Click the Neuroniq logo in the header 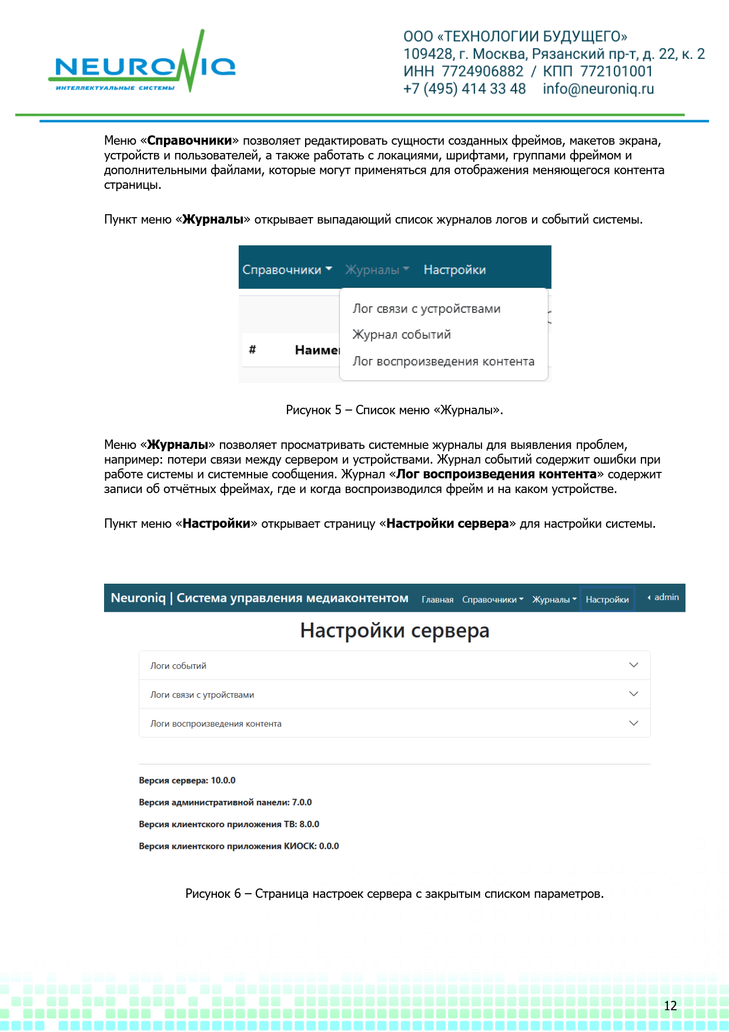(x=141, y=65)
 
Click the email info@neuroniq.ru (x=598, y=89)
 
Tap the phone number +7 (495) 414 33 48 (x=464, y=89)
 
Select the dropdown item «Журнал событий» (x=402, y=335)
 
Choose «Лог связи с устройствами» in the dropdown (x=426, y=309)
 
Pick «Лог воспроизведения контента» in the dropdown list (x=443, y=361)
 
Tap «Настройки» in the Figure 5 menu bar (x=454, y=270)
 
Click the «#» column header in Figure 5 (x=252, y=349)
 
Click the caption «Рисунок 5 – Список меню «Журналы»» (x=394, y=410)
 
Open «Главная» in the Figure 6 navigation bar (x=437, y=600)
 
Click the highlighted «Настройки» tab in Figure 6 (x=607, y=600)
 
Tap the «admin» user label (x=666, y=597)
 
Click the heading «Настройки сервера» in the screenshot (x=394, y=631)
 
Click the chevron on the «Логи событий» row (x=633, y=665)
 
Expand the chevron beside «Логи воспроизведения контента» (x=633, y=723)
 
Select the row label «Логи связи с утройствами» (x=202, y=695)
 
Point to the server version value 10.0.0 (x=223, y=781)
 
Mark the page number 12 (x=670, y=1006)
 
